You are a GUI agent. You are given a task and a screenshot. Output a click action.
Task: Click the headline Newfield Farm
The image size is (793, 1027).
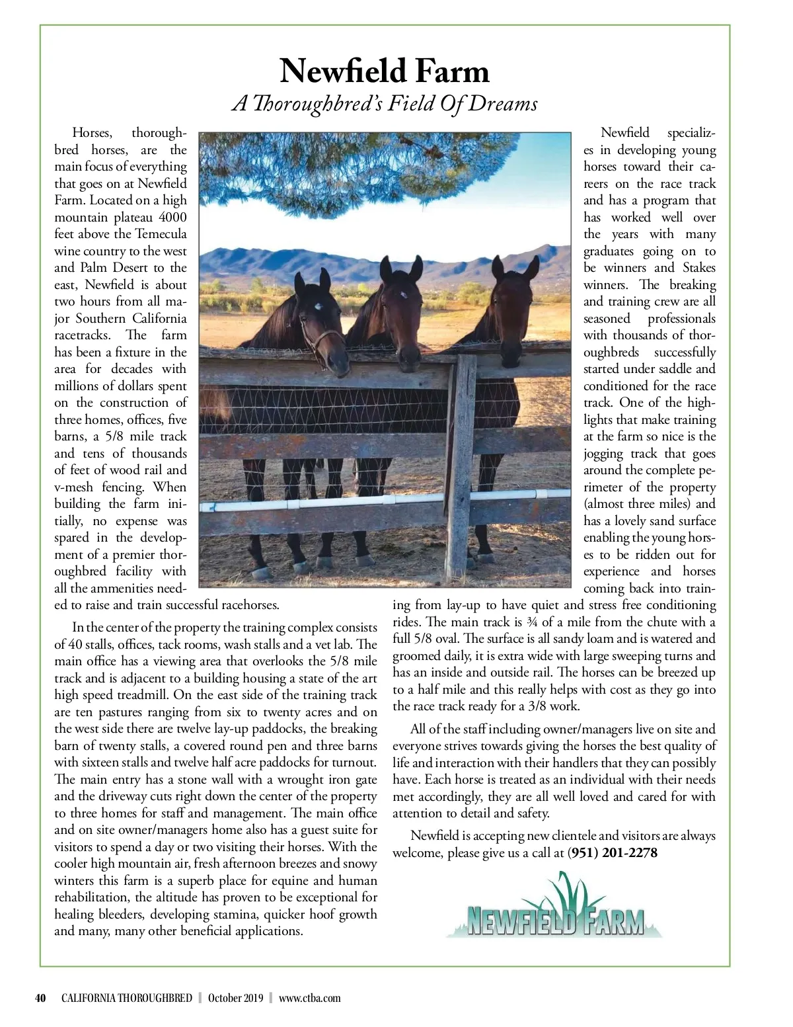[x=384, y=71]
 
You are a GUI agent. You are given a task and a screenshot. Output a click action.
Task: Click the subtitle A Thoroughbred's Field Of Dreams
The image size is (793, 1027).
[x=384, y=104]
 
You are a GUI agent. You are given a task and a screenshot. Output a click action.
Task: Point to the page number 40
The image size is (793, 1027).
[x=40, y=998]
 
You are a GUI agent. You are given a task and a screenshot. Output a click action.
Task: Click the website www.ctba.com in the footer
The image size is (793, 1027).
[x=309, y=998]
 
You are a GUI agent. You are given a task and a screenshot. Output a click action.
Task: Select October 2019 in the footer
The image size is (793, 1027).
[x=235, y=998]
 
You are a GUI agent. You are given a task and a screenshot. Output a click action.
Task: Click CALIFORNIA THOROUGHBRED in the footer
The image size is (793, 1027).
[x=126, y=998]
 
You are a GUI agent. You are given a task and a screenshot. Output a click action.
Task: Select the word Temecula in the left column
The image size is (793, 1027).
[x=161, y=234]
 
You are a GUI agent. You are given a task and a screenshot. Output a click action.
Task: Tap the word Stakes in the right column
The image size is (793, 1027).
[x=699, y=268]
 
